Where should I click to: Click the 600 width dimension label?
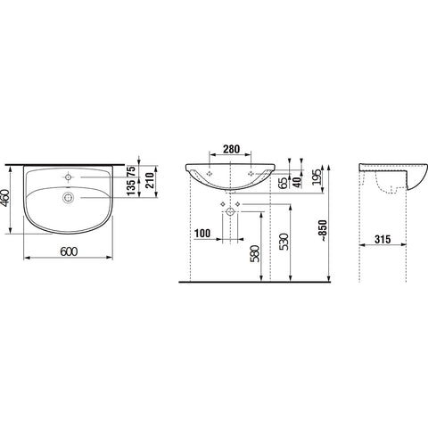(x=69, y=251)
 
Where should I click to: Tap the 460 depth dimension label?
(x=5, y=198)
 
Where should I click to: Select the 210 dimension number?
(x=149, y=180)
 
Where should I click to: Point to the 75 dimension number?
(x=131, y=171)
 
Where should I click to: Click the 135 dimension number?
(x=131, y=187)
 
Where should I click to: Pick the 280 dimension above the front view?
(x=231, y=149)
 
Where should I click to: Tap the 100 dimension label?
(x=202, y=234)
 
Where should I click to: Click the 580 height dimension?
(x=255, y=253)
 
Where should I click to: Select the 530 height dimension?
(x=284, y=242)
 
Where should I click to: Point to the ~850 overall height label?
(x=323, y=231)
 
